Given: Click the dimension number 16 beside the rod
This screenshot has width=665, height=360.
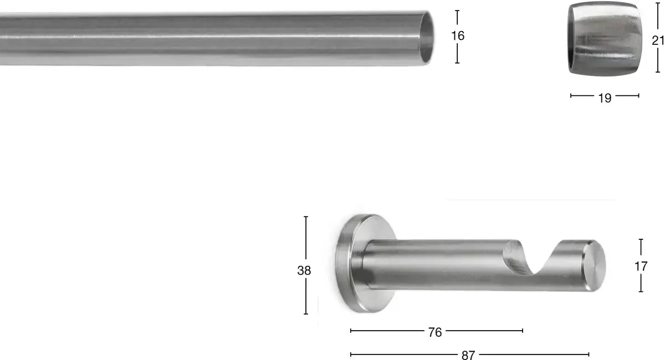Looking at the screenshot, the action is click(x=458, y=36).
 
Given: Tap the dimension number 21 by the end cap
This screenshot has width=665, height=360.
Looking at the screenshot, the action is click(x=658, y=40).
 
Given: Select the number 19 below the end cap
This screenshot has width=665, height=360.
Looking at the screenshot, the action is click(x=605, y=98).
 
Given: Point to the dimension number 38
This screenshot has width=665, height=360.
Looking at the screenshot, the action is click(x=304, y=270).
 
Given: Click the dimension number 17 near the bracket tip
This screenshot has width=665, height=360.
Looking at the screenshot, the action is click(x=641, y=266).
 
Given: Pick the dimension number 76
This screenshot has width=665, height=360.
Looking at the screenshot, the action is click(x=435, y=332).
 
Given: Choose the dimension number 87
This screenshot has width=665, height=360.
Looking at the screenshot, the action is click(x=468, y=355).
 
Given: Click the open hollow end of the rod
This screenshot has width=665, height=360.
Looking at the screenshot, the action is click(x=427, y=38).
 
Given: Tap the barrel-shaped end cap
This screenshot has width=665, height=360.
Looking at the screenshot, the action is click(x=605, y=39).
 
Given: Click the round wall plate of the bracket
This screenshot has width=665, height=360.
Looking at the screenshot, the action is click(x=366, y=263).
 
